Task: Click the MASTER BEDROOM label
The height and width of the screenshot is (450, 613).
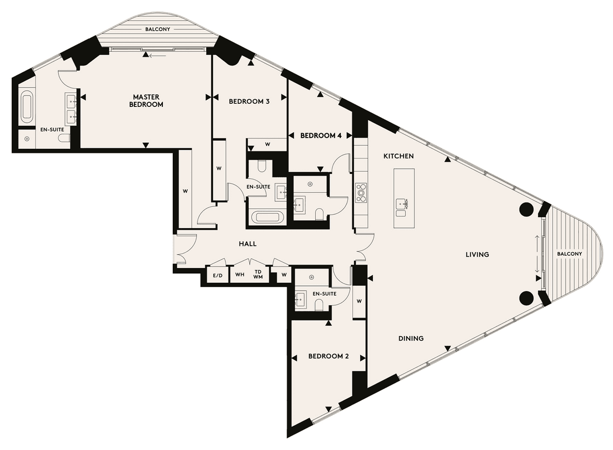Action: click(x=146, y=101)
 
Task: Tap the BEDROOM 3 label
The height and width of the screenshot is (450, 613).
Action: click(x=249, y=101)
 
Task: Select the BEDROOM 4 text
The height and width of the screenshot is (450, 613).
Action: click(x=321, y=136)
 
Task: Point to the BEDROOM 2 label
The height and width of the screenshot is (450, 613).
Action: click(x=328, y=356)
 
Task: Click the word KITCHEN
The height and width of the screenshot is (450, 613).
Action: click(x=398, y=156)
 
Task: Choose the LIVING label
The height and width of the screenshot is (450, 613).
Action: click(x=477, y=255)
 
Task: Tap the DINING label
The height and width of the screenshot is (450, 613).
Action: click(x=411, y=338)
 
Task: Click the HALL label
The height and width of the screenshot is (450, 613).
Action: click(x=248, y=244)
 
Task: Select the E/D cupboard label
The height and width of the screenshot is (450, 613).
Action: click(x=218, y=276)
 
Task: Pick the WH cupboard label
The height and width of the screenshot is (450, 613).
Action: click(x=240, y=274)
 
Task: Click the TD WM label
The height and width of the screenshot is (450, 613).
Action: click(x=258, y=274)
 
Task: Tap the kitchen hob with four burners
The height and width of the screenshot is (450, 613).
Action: click(x=361, y=193)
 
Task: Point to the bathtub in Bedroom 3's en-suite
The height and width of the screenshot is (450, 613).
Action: click(x=267, y=218)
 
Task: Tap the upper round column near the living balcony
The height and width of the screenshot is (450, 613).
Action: click(x=526, y=210)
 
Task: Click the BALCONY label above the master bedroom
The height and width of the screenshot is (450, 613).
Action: click(x=158, y=29)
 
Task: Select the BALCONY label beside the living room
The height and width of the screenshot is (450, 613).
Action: click(x=570, y=254)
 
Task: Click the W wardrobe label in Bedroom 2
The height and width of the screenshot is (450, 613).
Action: click(x=359, y=301)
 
